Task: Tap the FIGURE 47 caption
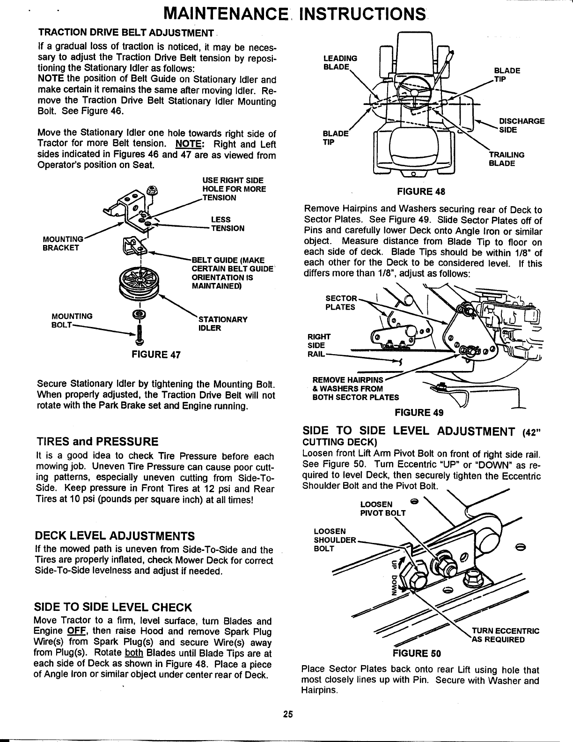(157, 354)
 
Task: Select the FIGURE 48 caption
(421, 191)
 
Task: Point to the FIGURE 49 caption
(419, 412)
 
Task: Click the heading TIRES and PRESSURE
(97, 442)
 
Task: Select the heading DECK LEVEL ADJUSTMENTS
(115, 535)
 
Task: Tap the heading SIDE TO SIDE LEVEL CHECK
(113, 608)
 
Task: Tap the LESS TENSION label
(228, 224)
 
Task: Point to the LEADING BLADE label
(340, 62)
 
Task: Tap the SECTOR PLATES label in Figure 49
(340, 303)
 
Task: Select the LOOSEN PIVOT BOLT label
(383, 508)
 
